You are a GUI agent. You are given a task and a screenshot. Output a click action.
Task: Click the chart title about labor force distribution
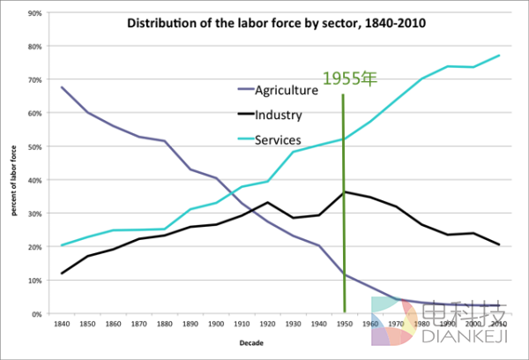coord(277,23)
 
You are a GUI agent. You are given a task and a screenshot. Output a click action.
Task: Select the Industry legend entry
coord(278,115)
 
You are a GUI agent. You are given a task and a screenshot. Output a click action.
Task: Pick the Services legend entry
coord(277,139)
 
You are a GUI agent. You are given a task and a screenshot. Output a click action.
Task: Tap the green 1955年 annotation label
coord(348,79)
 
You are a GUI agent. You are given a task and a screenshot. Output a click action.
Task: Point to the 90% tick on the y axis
coord(35,13)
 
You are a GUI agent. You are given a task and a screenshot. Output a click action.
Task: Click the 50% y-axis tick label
coord(35,146)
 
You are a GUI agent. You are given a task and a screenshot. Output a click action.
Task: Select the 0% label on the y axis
coord(38,313)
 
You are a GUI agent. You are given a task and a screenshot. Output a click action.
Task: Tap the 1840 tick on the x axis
coord(62,324)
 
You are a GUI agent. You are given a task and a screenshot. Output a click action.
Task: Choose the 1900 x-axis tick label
coord(216,324)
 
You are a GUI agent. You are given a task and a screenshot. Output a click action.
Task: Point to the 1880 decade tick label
coord(165,324)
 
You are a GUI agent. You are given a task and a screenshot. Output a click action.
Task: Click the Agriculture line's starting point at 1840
coord(62,87)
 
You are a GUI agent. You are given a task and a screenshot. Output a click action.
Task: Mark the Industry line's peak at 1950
coord(344,191)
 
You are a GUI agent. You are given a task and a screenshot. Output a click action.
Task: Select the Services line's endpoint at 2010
coord(499,56)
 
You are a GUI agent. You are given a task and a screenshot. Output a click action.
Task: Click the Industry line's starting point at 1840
coord(62,274)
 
